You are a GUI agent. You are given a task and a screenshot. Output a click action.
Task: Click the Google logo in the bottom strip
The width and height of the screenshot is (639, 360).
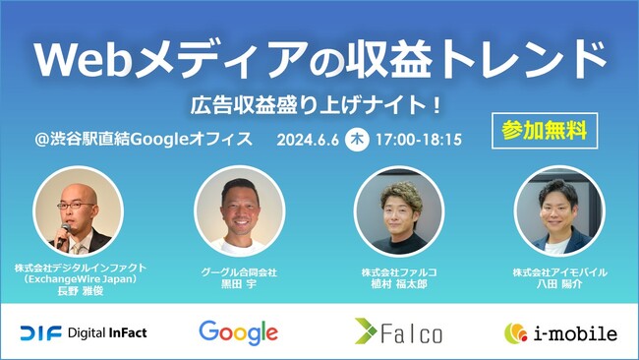(238, 332)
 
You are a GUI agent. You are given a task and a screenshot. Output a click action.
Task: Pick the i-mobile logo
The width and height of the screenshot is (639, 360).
(560, 332)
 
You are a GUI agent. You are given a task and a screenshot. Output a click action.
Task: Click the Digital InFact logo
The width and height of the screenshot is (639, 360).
(84, 332)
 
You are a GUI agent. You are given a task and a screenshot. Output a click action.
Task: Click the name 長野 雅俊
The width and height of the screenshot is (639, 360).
(80, 292)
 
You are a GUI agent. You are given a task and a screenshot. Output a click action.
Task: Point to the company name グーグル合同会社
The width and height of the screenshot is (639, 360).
(239, 270)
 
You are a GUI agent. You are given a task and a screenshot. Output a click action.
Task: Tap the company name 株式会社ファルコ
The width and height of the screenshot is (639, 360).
(399, 270)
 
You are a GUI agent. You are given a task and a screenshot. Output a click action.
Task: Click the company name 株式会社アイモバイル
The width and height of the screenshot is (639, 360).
(559, 270)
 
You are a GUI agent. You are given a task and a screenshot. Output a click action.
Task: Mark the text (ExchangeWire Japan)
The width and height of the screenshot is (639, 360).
(80, 281)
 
